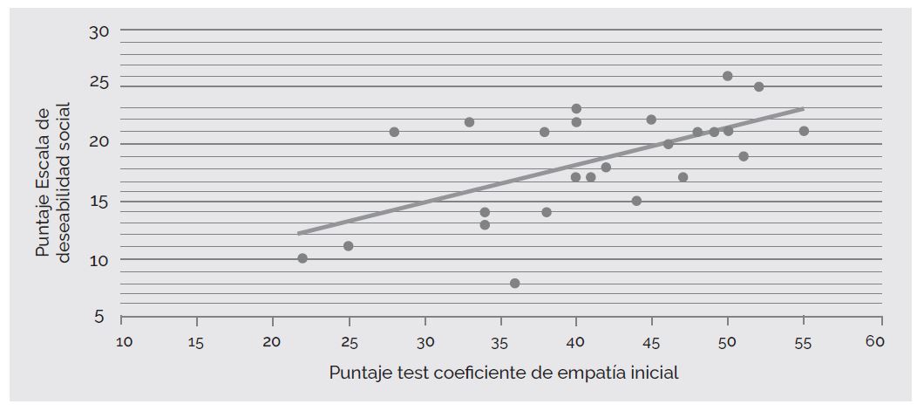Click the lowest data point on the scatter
tap(515, 284)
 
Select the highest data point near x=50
tap(728, 76)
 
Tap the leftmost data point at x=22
tap(302, 258)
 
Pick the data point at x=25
tap(349, 246)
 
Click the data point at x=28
tap(394, 132)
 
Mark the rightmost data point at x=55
tap(804, 131)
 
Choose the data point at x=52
tap(758, 86)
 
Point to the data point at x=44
tap(637, 201)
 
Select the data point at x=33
tap(470, 122)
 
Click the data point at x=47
tap(683, 177)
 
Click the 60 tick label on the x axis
tap(875, 342)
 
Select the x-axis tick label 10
tap(125, 343)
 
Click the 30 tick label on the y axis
tap(99, 32)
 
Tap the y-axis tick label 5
tap(101, 317)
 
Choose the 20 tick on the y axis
tap(99, 144)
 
